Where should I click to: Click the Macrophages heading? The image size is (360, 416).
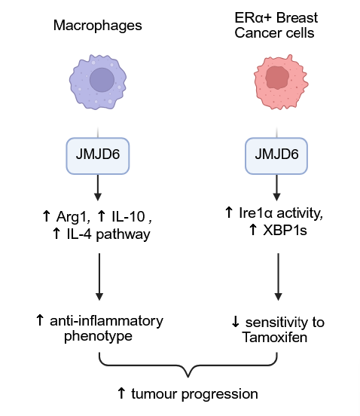(98, 26)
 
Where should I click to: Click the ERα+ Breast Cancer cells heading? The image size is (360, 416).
(276, 26)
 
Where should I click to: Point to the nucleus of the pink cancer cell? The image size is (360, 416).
(277, 77)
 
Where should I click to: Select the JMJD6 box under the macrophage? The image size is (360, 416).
(98, 156)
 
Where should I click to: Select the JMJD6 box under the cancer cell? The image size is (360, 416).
(276, 156)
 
